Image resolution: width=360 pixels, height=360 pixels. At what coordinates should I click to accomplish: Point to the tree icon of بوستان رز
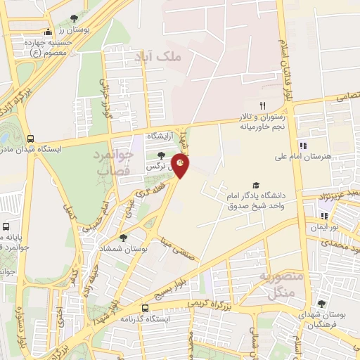75,19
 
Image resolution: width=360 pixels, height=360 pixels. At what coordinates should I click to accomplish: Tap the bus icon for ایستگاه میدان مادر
30,139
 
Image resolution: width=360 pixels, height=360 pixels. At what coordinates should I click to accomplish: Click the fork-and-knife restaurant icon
262,105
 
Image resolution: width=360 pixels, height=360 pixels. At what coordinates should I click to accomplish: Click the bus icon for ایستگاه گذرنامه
145,307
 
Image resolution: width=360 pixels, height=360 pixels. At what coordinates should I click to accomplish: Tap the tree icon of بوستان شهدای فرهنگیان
321,304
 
